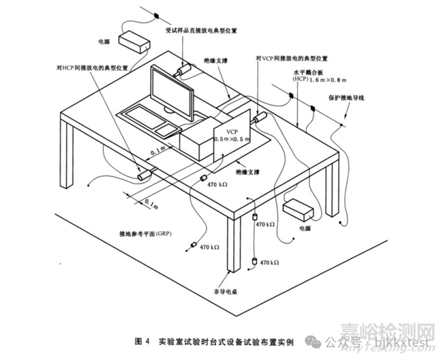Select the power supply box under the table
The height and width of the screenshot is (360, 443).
pos(297,207)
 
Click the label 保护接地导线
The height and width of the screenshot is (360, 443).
pos(349,97)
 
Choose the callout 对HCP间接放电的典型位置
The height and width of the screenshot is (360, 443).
pos(89,67)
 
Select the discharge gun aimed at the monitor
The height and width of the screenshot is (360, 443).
pos(183,70)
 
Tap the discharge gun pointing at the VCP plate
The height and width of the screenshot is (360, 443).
pos(260,119)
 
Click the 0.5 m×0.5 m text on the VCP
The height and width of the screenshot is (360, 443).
pos(232,139)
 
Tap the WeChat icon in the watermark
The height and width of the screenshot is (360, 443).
pos(312,339)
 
